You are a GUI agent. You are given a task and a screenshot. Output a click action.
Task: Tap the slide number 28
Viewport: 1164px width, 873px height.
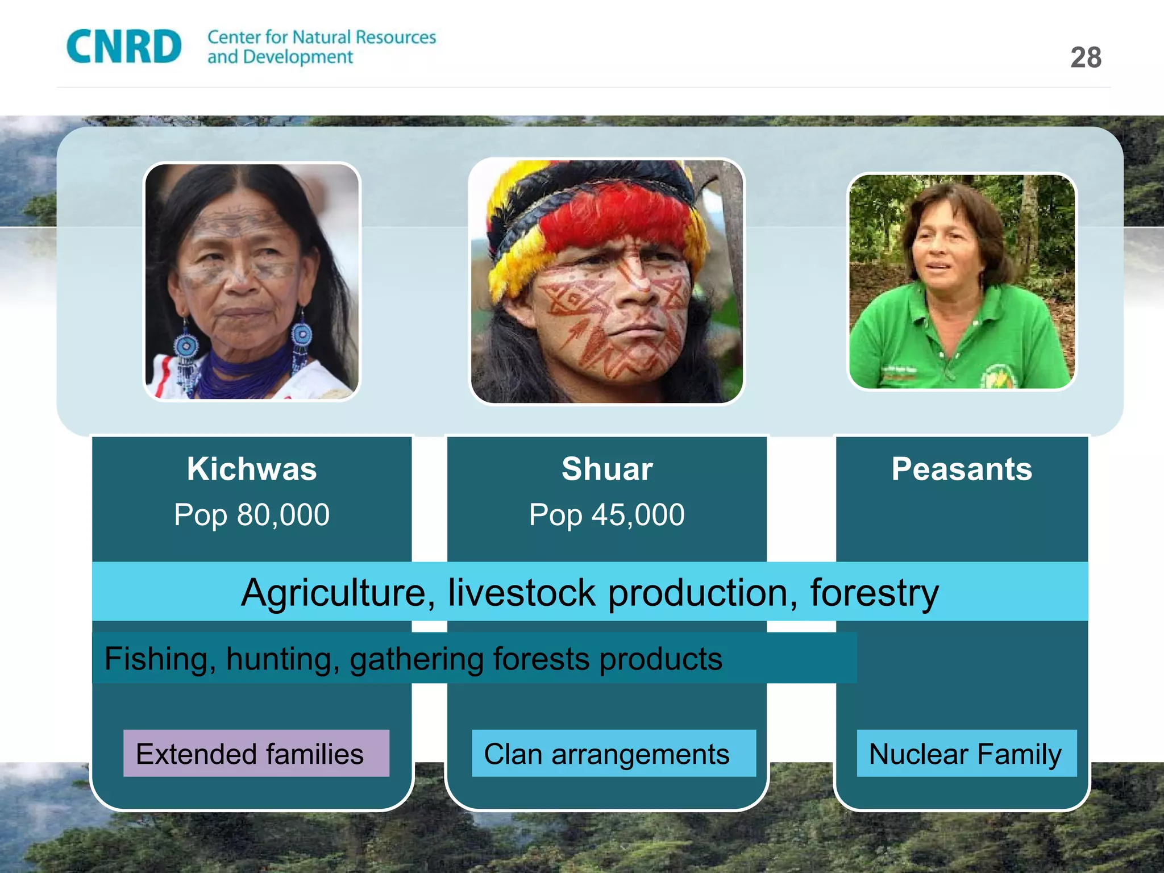point(1086,58)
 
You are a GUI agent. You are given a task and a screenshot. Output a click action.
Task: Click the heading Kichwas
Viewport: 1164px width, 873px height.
point(252,469)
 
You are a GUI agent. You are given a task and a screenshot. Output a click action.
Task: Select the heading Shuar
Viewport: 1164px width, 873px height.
point(607,469)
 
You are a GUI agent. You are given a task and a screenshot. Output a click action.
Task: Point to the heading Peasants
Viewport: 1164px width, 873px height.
point(962,469)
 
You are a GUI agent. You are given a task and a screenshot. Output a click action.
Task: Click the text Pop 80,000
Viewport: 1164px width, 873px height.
point(252,515)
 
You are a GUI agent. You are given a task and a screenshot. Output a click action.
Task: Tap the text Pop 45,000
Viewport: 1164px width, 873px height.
point(607,515)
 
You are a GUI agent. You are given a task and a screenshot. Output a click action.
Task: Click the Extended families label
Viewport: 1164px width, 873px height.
point(250,754)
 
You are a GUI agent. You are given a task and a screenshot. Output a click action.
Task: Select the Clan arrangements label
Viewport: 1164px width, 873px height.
point(606,754)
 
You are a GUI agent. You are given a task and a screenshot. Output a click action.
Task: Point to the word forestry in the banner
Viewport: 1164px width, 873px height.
point(874,593)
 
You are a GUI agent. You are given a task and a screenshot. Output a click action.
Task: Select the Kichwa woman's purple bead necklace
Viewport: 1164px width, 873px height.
point(239,372)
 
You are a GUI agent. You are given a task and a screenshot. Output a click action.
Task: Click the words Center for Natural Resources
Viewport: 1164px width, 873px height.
point(322,38)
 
